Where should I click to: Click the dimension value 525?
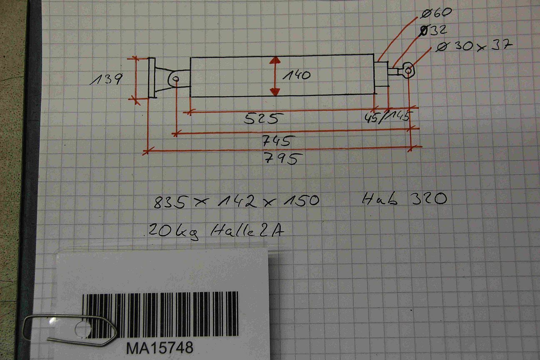(261, 119)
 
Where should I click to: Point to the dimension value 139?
(106, 79)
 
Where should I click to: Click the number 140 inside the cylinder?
(296, 75)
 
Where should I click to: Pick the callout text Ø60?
(436, 13)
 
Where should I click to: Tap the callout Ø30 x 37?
(472, 46)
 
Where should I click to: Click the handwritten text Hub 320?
(404, 199)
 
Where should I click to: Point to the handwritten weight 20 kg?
(173, 230)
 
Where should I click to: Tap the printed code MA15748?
(160, 347)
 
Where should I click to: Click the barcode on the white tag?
(160, 315)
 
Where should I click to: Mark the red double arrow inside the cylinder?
(274, 77)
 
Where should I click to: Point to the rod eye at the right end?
(408, 71)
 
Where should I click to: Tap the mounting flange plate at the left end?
(152, 78)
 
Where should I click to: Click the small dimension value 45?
(371, 118)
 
